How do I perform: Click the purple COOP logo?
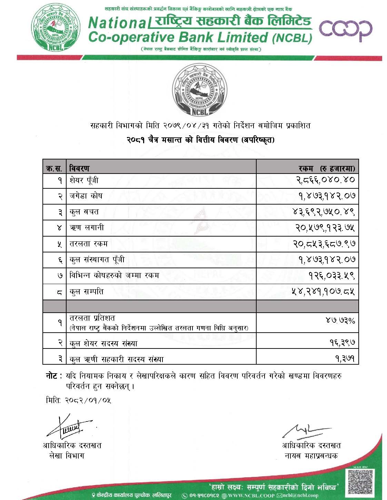point(346,31)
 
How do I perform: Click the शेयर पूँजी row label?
point(84,180)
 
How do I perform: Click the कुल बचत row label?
point(84,212)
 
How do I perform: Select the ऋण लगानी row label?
point(87,228)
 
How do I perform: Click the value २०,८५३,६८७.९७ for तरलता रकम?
point(322,244)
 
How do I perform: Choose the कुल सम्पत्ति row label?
point(86,292)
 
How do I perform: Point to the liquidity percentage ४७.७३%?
point(340,321)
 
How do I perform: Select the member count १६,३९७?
point(343,343)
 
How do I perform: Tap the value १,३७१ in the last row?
point(345,359)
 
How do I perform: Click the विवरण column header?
point(79,168)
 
